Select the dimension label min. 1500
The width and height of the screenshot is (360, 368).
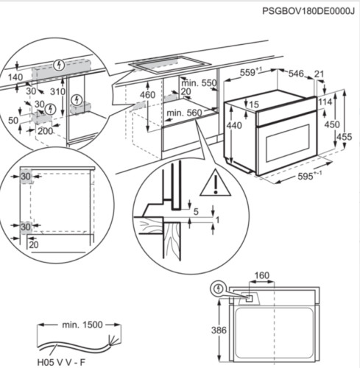(x=81, y=325)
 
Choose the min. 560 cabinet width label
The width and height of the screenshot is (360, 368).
(x=184, y=113)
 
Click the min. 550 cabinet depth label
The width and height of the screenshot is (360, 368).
(x=200, y=83)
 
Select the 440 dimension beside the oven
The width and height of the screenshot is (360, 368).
(x=234, y=126)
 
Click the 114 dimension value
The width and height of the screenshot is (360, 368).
(x=328, y=102)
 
